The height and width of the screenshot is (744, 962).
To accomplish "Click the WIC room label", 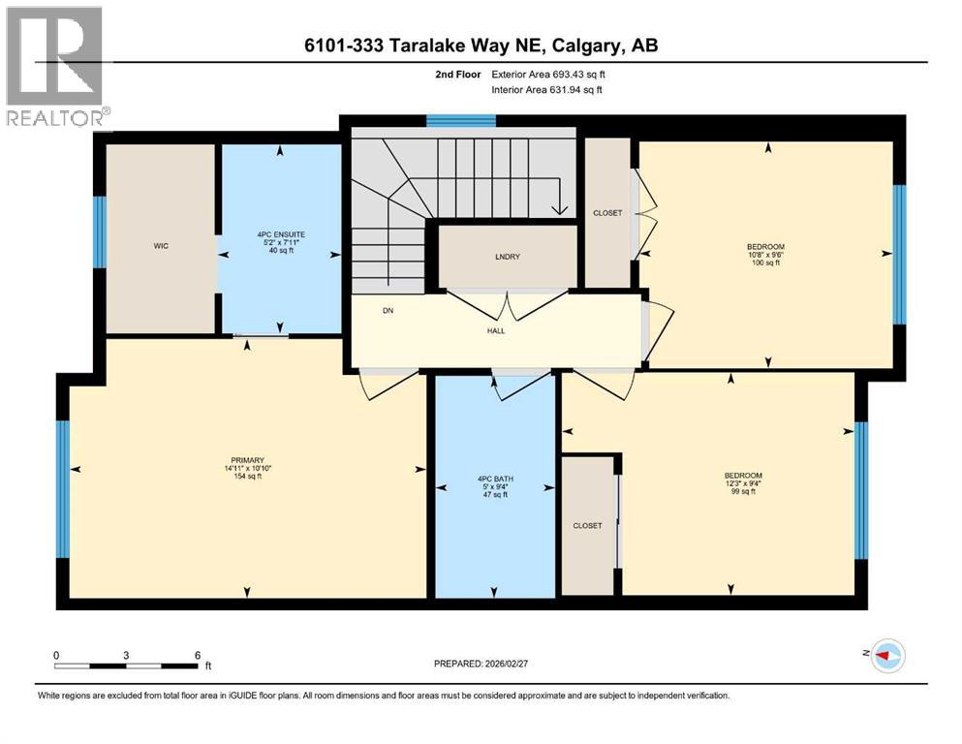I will pos(161,247).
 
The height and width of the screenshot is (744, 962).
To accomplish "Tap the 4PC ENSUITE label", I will pos(280,235).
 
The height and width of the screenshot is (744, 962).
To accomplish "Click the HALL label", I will pos(496,331).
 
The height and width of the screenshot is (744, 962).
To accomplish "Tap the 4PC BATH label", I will pos(493,478).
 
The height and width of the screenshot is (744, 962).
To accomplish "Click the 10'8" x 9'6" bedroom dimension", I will pos(765,255).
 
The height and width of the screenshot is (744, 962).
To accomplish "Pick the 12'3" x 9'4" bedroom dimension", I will pos(743,483).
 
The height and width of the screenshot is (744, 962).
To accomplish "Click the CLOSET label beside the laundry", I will pos(607,213).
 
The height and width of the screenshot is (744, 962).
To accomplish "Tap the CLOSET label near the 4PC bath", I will pos(587,526).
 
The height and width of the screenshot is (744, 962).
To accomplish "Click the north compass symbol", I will pos(886,656).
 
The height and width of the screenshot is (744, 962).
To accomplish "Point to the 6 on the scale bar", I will pos(198,655).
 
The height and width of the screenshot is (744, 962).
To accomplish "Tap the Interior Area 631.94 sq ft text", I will pos(547,90).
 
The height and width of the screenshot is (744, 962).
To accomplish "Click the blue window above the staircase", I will pos(461,121).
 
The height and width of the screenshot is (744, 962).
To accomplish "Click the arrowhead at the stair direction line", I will pos(559,209).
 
